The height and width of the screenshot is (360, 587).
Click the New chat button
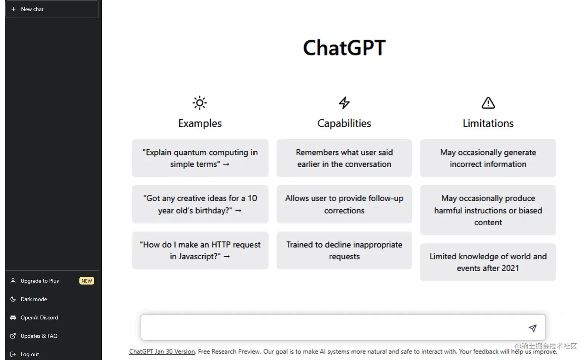pyautogui.click(x=52, y=9)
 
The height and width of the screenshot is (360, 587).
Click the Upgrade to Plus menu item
pyautogui.click(x=40, y=281)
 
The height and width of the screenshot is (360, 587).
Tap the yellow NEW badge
pyautogui.click(x=87, y=281)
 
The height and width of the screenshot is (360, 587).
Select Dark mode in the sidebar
pyautogui.click(x=34, y=299)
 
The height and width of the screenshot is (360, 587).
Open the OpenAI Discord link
pyautogui.click(x=39, y=317)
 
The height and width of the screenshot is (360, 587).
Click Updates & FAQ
pyautogui.click(x=39, y=336)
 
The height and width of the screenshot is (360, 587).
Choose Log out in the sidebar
pyautogui.click(x=30, y=354)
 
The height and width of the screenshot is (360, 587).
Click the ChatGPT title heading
pyautogui.click(x=344, y=48)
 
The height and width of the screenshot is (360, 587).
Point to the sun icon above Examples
pyautogui.click(x=200, y=103)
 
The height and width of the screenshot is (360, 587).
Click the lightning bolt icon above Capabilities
pyautogui.click(x=344, y=103)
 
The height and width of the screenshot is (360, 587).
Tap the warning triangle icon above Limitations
pyautogui.click(x=488, y=103)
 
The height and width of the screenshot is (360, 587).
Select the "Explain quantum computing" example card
pyautogui.click(x=200, y=158)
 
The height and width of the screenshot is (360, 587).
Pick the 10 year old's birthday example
pyautogui.click(x=200, y=204)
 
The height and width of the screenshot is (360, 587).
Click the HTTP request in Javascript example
pyautogui.click(x=200, y=250)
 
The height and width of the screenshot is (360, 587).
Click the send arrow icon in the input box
pyautogui.click(x=533, y=328)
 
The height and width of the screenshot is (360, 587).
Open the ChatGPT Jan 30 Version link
pyautogui.click(x=162, y=351)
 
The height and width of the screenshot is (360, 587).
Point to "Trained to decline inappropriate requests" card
pyautogui.click(x=344, y=250)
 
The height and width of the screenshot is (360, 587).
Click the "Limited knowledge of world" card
pyautogui.click(x=488, y=262)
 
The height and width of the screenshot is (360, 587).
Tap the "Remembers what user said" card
pyautogui.click(x=344, y=158)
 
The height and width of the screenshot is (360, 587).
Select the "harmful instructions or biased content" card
pyautogui.click(x=488, y=210)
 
